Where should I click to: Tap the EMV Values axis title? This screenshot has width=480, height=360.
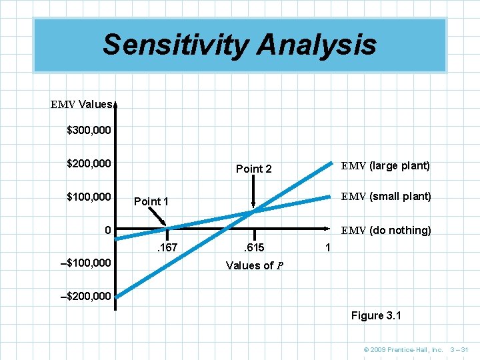click(x=82, y=105)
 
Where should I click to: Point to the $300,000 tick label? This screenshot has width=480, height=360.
click(x=89, y=131)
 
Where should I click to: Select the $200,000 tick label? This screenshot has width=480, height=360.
click(x=89, y=163)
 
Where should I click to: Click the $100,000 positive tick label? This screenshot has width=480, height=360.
click(x=89, y=197)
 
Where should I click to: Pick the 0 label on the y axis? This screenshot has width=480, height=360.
click(x=107, y=231)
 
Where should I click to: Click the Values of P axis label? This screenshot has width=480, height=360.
click(x=255, y=265)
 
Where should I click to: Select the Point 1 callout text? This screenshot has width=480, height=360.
click(x=151, y=201)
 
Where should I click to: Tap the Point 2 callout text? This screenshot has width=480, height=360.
click(x=254, y=169)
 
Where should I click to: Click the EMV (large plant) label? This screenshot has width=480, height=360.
click(x=385, y=165)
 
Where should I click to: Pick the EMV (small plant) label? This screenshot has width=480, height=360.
click(x=386, y=197)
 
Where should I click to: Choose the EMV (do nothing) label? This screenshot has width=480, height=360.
click(x=386, y=231)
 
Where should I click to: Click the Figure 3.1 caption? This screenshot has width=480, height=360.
click(x=376, y=315)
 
